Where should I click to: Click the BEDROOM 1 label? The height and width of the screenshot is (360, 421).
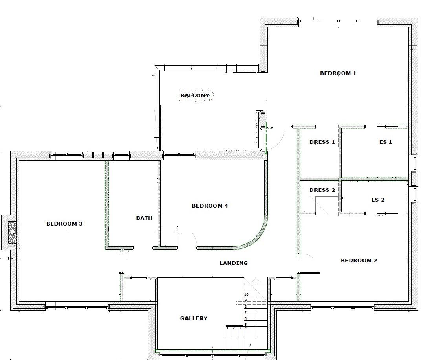click(338, 73)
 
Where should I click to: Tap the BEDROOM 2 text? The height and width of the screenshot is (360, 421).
click(359, 261)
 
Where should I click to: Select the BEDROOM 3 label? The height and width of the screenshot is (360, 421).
click(64, 224)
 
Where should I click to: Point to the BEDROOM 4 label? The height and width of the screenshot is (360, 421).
click(210, 206)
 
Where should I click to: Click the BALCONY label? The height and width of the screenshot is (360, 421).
click(195, 95)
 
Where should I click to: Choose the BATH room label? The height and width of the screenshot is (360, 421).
click(144, 218)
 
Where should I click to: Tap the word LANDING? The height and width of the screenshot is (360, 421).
click(234, 263)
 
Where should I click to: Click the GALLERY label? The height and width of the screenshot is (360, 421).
click(194, 318)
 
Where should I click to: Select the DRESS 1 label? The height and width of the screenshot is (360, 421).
click(322, 142)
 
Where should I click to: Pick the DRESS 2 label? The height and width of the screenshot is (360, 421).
click(322, 190)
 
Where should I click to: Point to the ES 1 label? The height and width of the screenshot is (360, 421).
click(385, 142)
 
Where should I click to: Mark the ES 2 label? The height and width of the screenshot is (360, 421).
click(378, 200)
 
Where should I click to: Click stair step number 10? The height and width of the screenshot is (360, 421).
click(247, 294)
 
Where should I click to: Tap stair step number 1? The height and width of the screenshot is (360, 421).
click(227, 328)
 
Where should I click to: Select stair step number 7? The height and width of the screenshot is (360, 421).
click(245, 312)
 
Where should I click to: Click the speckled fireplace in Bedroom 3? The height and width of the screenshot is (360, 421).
click(13, 232)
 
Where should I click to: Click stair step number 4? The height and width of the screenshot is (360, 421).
click(245, 328)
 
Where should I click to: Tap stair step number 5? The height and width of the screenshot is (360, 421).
click(245, 324)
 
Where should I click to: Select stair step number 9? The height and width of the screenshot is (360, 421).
click(245, 300)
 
